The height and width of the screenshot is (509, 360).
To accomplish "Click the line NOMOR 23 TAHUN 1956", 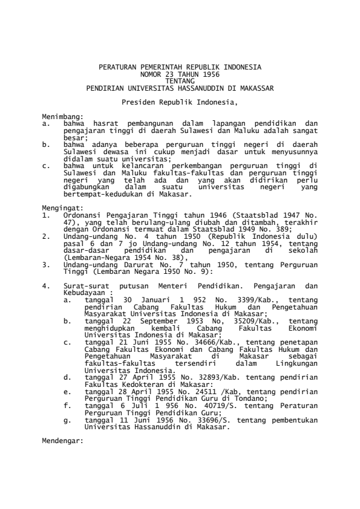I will (180, 73).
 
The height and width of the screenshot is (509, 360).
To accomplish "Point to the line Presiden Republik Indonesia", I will (180, 102).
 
